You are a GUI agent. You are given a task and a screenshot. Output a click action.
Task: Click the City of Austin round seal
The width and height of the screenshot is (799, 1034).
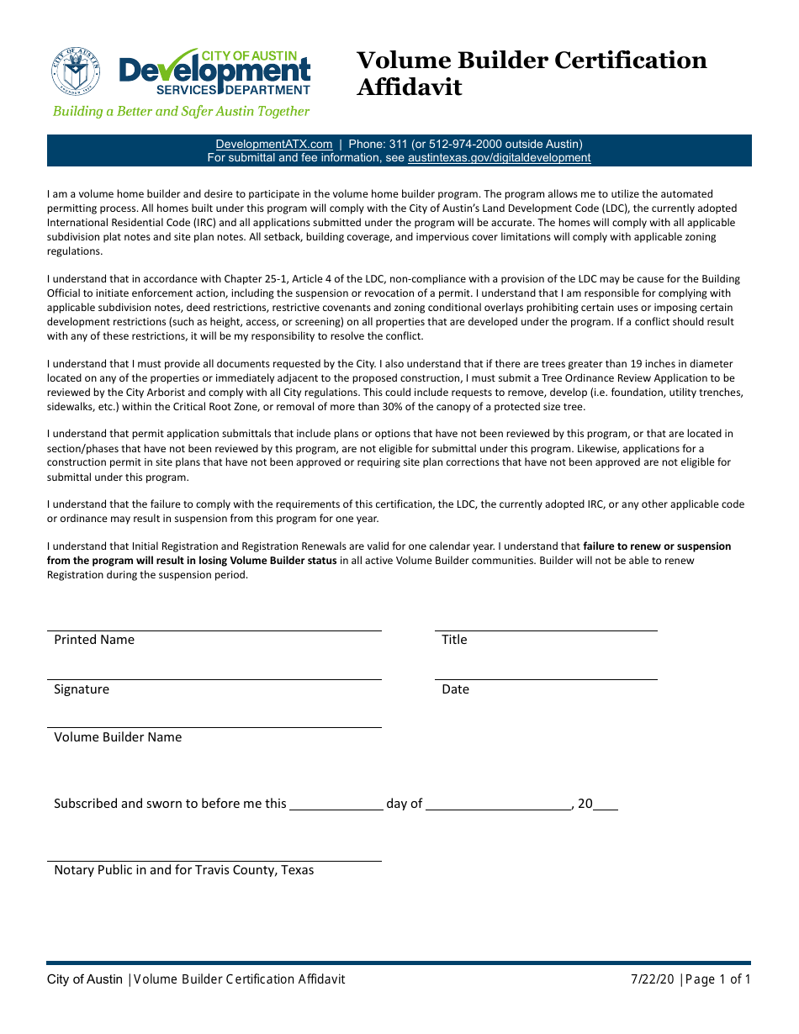point(76,71)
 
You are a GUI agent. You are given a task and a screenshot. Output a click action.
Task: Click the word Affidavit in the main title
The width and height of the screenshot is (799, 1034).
point(409,87)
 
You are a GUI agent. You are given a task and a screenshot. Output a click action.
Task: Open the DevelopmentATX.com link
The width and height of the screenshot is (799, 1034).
point(273,144)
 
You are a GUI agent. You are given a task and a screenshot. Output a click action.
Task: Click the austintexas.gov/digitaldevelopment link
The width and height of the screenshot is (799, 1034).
point(499,157)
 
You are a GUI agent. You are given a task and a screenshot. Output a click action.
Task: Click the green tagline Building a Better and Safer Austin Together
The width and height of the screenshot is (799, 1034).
point(181,111)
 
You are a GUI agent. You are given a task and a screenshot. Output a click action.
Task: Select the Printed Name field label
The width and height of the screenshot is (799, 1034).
point(94,640)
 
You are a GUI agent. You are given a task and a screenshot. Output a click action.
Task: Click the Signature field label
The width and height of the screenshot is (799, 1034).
point(82,689)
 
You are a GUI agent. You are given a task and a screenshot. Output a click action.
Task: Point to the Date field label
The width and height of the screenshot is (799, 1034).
point(455,689)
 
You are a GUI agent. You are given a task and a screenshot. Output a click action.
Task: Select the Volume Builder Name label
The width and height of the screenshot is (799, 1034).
point(118,737)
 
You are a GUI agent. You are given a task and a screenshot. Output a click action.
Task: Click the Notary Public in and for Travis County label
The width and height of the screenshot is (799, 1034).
point(183,870)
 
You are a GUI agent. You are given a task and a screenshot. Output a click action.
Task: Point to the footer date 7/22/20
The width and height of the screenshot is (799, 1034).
point(653,979)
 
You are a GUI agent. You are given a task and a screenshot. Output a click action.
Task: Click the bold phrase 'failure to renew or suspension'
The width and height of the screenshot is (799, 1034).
point(657,546)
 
